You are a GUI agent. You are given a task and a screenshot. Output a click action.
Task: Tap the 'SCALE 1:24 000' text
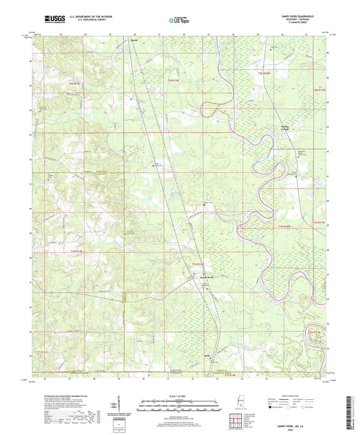pos(179,396)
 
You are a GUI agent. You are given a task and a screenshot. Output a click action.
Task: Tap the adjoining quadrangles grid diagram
pos(237,421)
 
